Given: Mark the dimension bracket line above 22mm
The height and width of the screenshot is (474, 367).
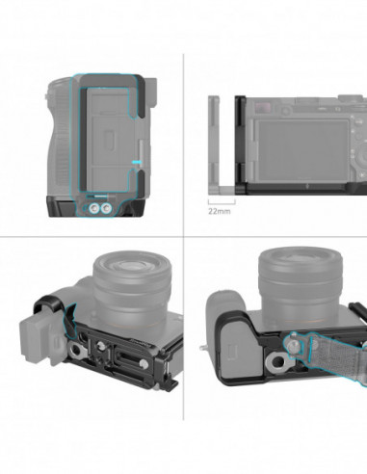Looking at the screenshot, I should coord(221,203).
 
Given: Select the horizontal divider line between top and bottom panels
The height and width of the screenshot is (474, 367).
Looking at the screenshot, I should coord(183,237).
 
